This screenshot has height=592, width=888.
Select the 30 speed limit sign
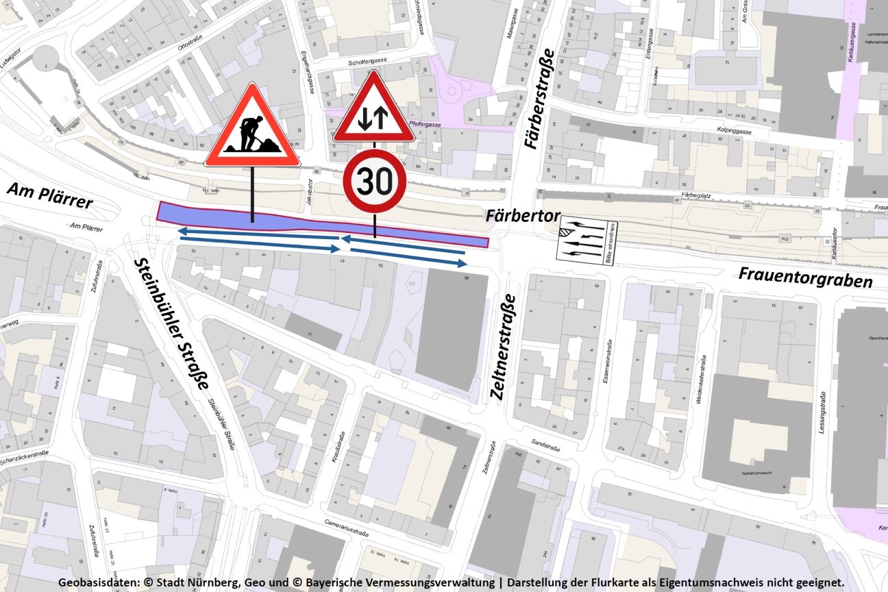pos(375,182)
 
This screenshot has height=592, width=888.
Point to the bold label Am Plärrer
pos(50,195)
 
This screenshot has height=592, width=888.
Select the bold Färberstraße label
pos(538,99)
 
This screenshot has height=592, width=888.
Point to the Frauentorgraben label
pos(805,277)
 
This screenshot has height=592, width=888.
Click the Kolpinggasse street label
pos(734,129)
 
